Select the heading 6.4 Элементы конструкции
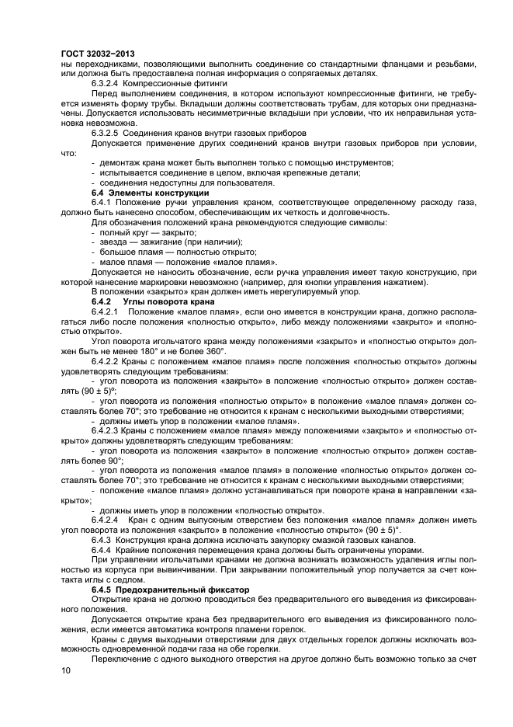tap(150, 193)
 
